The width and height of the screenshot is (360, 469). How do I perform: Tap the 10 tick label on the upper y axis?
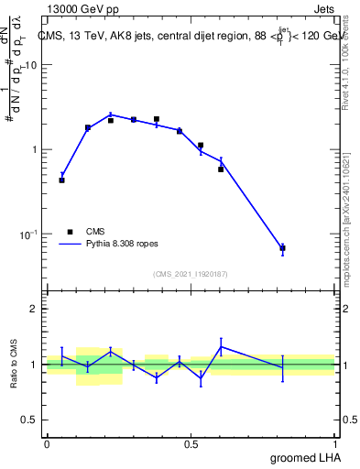[32, 66]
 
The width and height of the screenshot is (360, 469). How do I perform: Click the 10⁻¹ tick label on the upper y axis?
[30, 235]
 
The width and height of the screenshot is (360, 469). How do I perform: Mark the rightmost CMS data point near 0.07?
[283, 248]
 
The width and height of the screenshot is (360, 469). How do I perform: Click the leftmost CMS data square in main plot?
[61, 180]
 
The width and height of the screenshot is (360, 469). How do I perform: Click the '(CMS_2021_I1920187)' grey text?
[191, 273]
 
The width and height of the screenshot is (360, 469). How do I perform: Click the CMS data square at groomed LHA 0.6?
[222, 169]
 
